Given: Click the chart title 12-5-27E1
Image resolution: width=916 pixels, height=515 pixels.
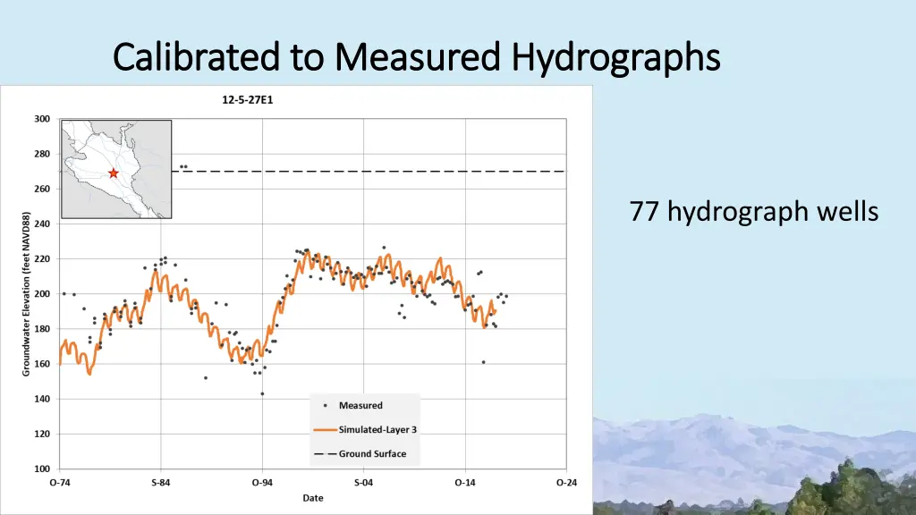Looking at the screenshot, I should (x=247, y=100).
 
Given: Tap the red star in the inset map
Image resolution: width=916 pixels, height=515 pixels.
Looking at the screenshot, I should (x=114, y=173).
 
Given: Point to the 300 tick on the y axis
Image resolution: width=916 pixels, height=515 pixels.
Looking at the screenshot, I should (x=42, y=119).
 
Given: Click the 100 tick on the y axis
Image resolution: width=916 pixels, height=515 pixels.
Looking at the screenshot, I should (x=42, y=469).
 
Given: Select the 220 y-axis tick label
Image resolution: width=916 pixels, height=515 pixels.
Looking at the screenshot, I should (x=42, y=259).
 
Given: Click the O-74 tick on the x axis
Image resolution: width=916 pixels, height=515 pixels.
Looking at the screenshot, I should (x=60, y=483).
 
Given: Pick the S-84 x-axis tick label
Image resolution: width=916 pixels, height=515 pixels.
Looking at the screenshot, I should (x=161, y=483).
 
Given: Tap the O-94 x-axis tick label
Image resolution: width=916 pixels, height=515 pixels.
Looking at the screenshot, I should (x=262, y=483).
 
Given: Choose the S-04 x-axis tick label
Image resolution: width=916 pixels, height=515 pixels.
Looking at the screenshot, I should (x=363, y=483).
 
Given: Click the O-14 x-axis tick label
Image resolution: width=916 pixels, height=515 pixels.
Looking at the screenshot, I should (x=464, y=483).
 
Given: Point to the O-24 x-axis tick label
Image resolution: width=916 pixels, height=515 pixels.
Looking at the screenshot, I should (x=565, y=483).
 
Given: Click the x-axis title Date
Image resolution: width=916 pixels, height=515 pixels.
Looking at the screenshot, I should (x=313, y=497).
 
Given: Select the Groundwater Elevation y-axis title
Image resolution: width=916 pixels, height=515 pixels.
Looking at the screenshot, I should (x=27, y=293).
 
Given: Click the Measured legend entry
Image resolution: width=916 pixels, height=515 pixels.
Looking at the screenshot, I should (x=360, y=406).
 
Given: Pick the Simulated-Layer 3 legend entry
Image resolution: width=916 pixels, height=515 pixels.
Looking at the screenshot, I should (x=377, y=429).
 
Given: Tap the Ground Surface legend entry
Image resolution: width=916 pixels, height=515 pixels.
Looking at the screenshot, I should (x=371, y=453).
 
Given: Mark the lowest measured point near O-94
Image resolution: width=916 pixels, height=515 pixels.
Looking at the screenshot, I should (x=262, y=393).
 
